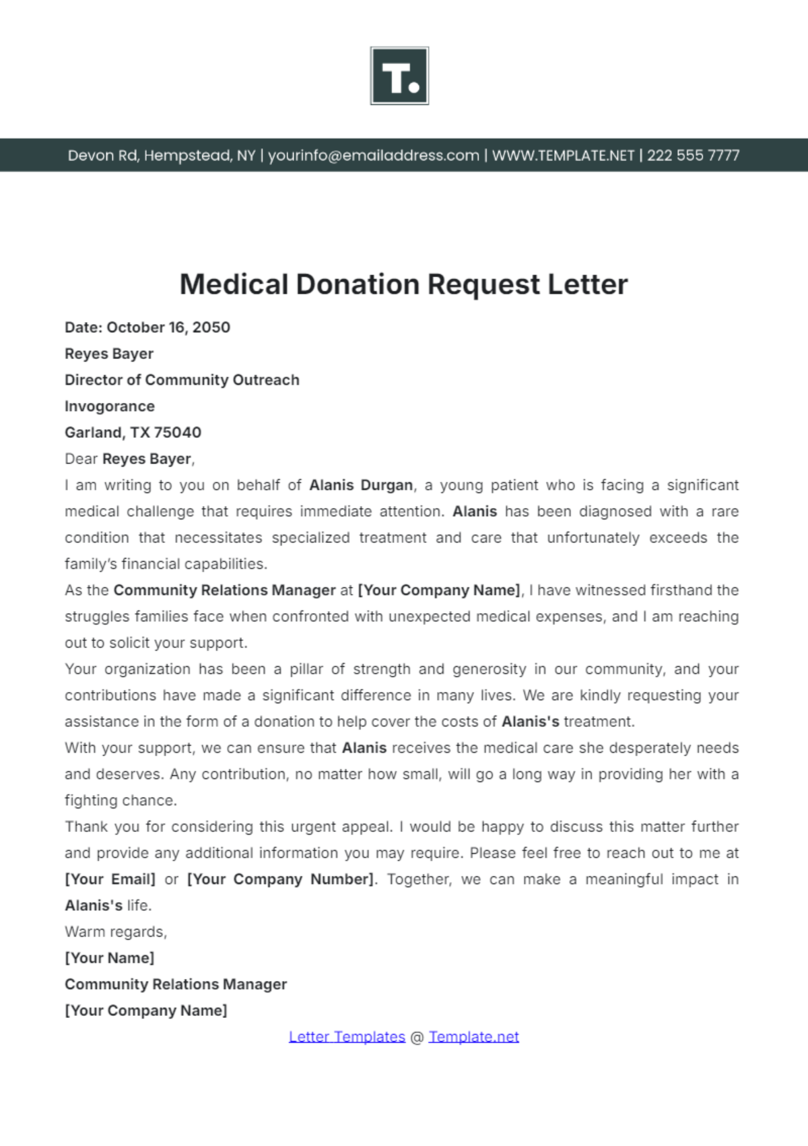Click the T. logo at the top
coord(399,75)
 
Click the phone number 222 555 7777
coord(693,156)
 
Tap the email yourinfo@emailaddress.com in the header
coord(374,156)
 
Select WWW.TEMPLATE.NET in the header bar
coord(563,156)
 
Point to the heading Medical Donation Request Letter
coord(403,284)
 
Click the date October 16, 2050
coord(168,327)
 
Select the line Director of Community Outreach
coord(182,380)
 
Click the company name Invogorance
coord(110,406)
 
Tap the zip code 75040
coord(178,433)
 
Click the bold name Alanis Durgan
coord(361,485)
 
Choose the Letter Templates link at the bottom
coord(347,1037)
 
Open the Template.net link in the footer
coord(473,1037)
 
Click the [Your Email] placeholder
coord(110,879)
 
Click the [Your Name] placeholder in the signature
coord(110,958)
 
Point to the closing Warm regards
coord(116,932)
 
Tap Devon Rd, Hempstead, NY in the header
coord(162,156)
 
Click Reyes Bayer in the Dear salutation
coord(147,459)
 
